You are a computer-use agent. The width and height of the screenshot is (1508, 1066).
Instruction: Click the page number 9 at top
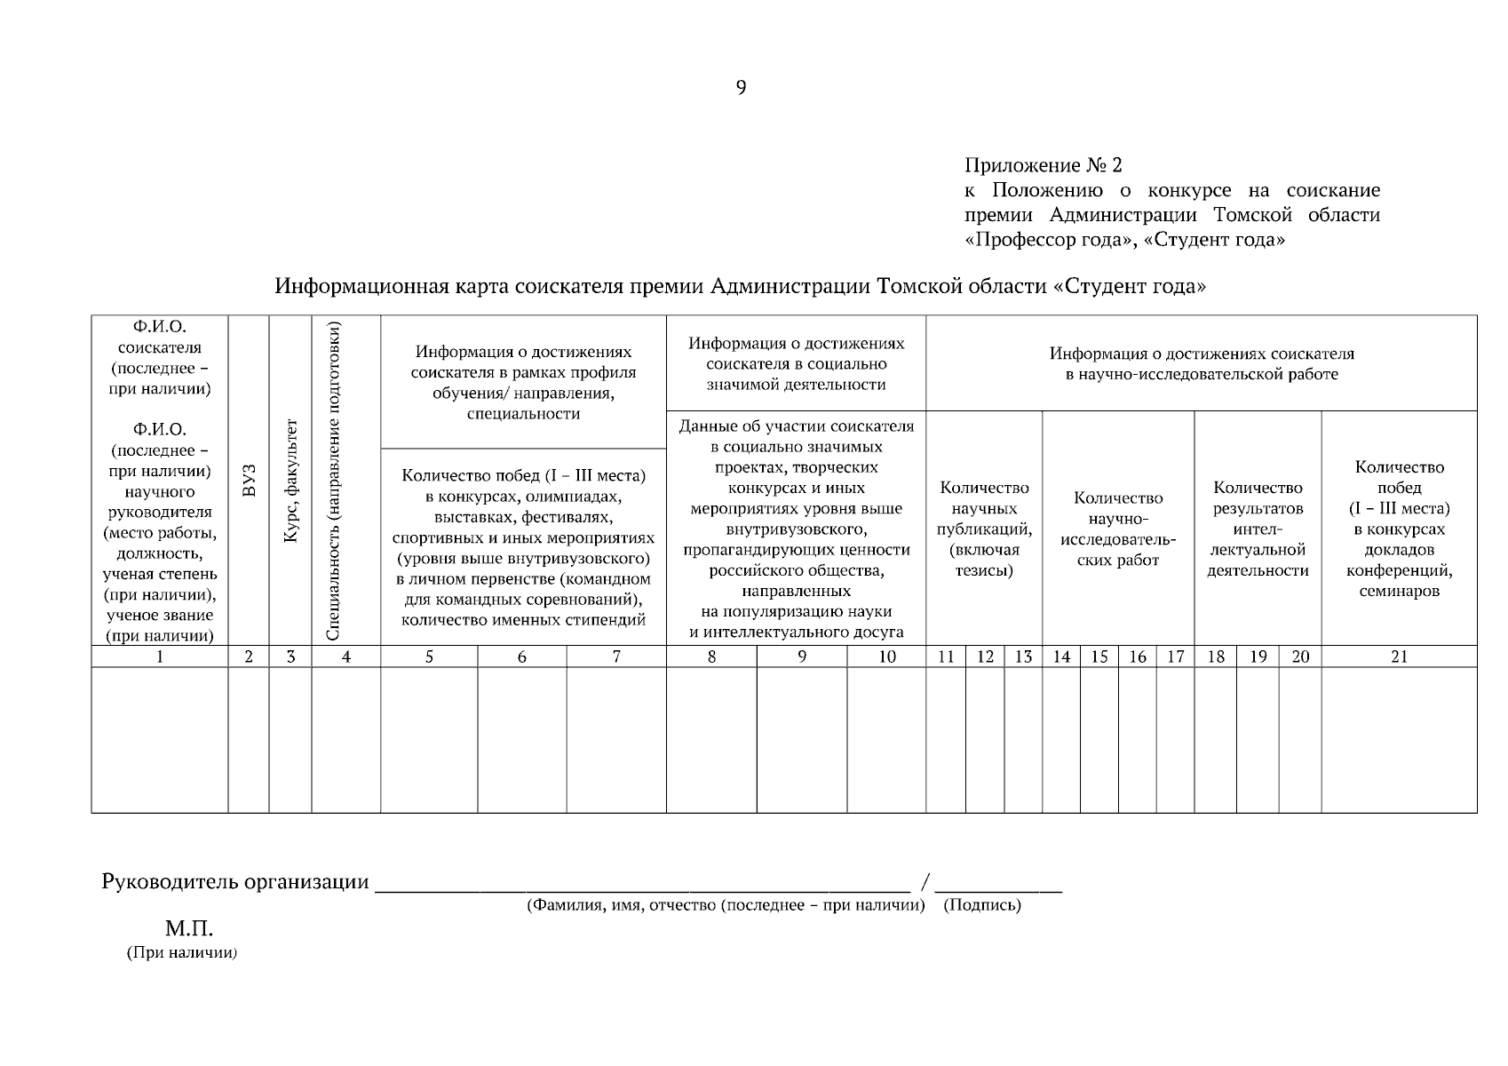pos(741,88)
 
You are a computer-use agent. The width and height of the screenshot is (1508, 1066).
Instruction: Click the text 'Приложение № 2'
pos(1043,166)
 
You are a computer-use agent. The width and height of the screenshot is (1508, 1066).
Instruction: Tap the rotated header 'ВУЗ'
pos(249,480)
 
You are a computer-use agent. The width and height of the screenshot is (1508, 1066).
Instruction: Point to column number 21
pos(1399,656)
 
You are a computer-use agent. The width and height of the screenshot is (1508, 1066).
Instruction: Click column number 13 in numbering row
pos(1023,656)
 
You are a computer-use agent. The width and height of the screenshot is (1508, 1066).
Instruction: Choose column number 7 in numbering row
pos(616,656)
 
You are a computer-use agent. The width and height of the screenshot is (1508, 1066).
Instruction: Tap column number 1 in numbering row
pos(160,656)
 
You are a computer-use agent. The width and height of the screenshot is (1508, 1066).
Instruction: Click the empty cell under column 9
pos(801,739)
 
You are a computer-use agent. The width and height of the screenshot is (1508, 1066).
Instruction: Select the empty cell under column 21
pos(1399,739)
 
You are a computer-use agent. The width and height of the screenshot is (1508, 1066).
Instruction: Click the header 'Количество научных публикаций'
pos(984,529)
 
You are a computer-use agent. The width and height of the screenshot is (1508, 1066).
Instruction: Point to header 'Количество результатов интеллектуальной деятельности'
pos(1258,529)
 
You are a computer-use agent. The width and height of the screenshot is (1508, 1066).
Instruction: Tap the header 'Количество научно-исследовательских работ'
pos(1118,529)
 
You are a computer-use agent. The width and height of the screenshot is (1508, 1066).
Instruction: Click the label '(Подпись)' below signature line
pos(981,905)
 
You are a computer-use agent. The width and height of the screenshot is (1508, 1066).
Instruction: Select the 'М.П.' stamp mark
pos(189,929)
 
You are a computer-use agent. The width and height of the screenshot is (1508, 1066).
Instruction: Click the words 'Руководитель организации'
pos(235,882)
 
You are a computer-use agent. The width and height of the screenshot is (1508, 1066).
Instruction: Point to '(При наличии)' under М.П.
pos(182,953)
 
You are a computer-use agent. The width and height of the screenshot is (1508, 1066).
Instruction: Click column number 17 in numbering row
pos(1175,656)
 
